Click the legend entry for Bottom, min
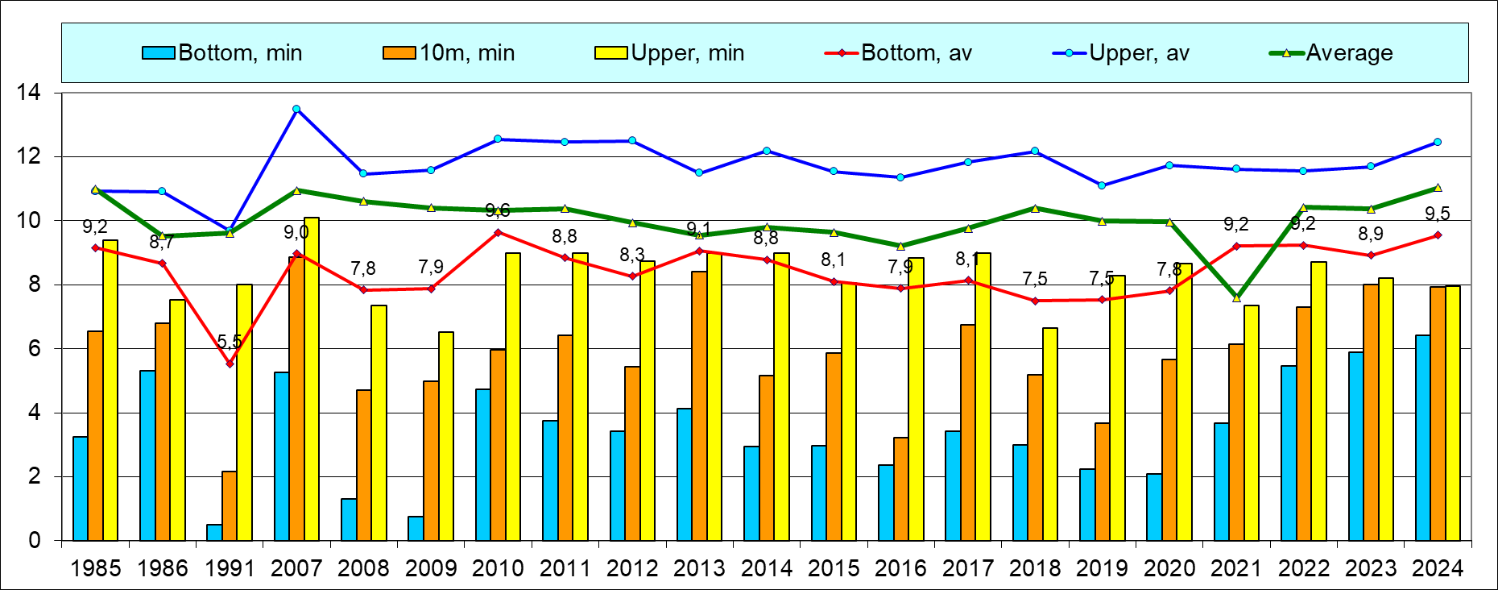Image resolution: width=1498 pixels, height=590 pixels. [222, 53]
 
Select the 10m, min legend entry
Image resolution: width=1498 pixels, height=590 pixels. [449, 53]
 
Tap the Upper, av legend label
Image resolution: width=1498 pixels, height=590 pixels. [1121, 53]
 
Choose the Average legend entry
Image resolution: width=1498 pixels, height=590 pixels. [1332, 53]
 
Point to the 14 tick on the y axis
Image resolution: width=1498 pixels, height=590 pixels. [29, 93]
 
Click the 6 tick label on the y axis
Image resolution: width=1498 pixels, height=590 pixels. [34, 349]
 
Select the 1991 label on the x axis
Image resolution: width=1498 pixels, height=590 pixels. [230, 569]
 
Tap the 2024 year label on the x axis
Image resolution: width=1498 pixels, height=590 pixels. [1438, 569]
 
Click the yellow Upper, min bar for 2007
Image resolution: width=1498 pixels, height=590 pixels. [312, 379]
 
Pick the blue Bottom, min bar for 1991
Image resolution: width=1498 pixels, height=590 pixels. [214, 532]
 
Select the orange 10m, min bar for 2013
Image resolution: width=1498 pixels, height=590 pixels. [699, 405]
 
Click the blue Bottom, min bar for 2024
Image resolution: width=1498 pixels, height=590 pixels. [1423, 438]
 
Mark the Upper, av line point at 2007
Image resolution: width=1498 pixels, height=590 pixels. [296, 109]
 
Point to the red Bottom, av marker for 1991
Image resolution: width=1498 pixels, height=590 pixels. [230, 364]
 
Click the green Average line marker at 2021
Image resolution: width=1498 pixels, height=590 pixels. [1236, 298]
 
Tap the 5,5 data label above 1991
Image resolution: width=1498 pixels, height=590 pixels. [230, 342]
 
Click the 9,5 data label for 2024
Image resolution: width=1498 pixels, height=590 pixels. [1438, 214]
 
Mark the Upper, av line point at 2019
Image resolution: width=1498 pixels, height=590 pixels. [1102, 185]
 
